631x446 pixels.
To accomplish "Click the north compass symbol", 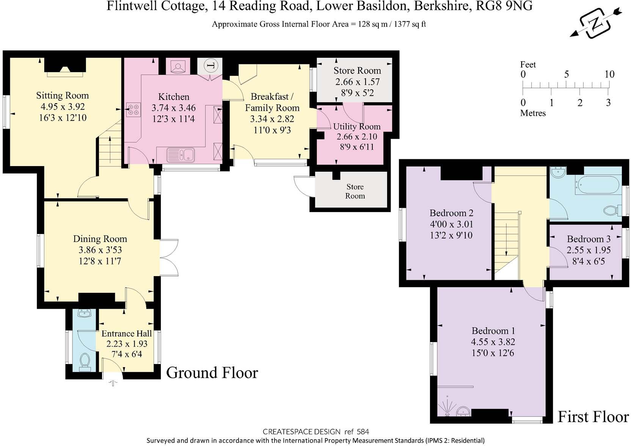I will tap(596, 24).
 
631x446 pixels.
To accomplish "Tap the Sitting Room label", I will tap(63, 96).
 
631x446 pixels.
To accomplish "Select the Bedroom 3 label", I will tap(588, 239).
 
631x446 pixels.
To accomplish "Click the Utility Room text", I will tap(356, 126).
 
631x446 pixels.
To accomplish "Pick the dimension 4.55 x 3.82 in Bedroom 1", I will tap(493, 342).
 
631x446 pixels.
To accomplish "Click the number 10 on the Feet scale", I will tap(609, 74).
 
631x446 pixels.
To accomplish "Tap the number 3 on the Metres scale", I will tap(608, 102).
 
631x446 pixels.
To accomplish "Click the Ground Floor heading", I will tap(212, 373).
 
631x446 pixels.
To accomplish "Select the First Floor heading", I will tap(593, 417).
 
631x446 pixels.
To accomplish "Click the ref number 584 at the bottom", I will tap(363, 432).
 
